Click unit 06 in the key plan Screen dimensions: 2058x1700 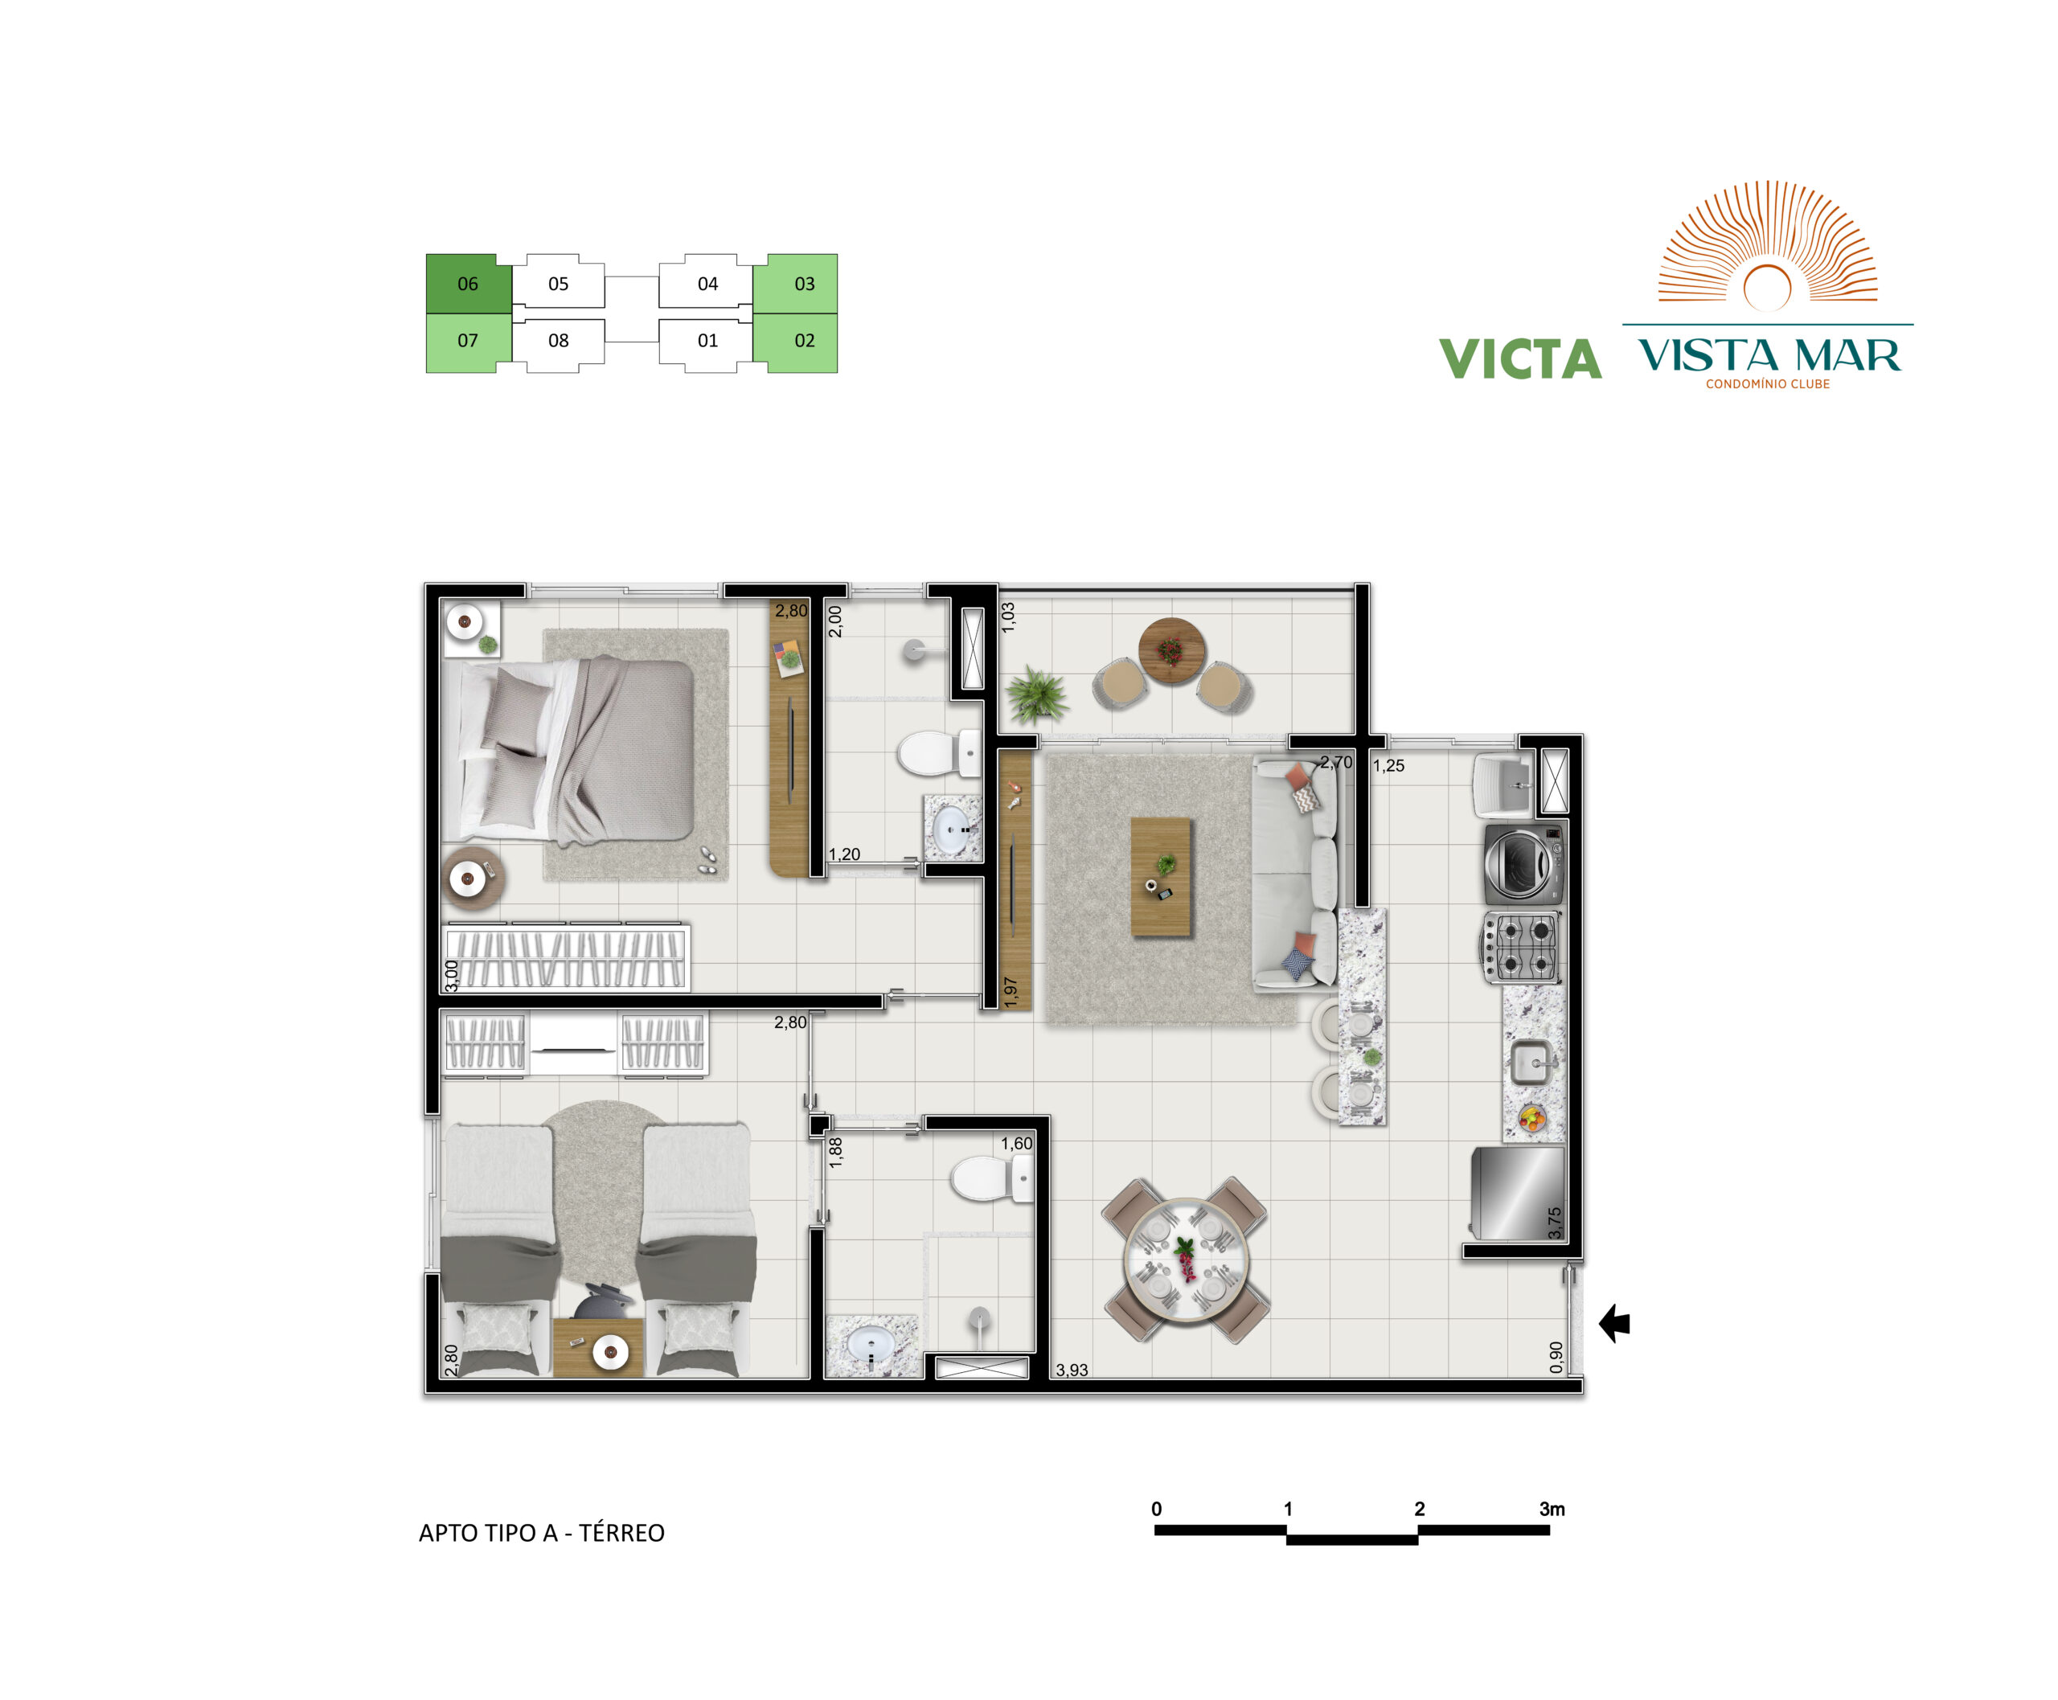[x=468, y=283]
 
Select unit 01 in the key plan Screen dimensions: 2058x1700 [x=707, y=341]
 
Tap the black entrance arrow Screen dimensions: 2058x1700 [x=1614, y=1324]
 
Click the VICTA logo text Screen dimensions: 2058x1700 [x=1520, y=358]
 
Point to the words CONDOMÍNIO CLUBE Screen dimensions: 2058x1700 [x=1767, y=384]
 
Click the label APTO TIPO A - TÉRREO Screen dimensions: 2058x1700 [x=542, y=1533]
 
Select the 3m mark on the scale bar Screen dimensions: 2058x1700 [x=1552, y=1509]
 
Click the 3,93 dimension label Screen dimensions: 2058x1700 [x=1072, y=1370]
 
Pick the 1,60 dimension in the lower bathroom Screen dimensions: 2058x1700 [x=1016, y=1144]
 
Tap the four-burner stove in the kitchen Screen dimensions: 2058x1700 [x=1520, y=947]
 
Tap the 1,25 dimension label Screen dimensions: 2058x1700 [x=1388, y=766]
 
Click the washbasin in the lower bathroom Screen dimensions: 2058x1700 [x=870, y=1346]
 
